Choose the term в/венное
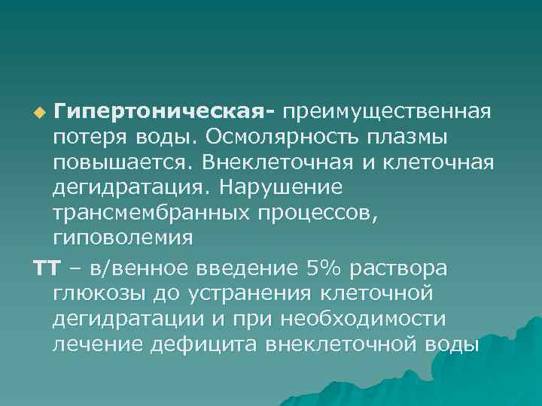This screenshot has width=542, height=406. click(x=133, y=268)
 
